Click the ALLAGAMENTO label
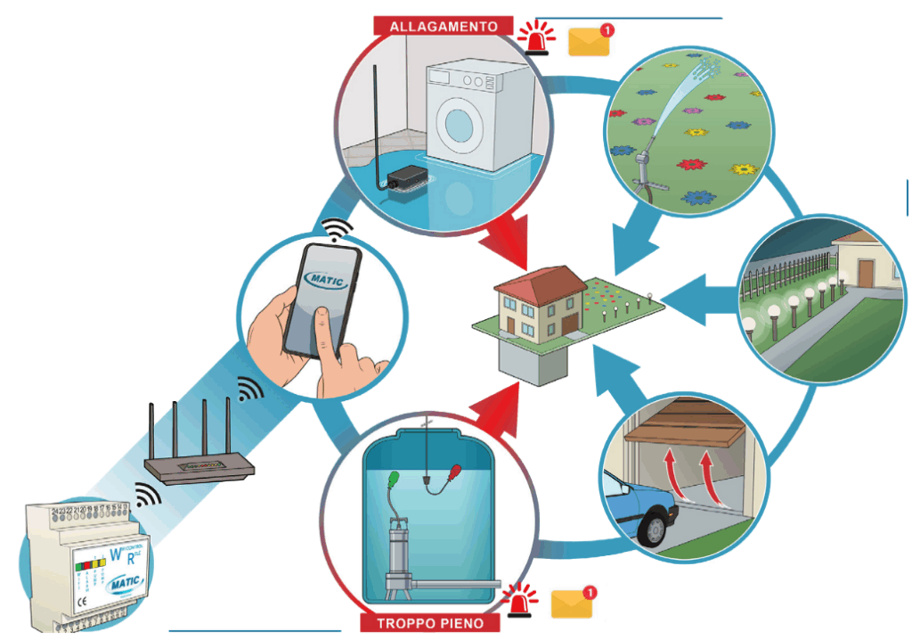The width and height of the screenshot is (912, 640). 443,26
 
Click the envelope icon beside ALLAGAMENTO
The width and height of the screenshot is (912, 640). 589,40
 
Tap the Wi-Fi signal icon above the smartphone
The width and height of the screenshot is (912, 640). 335,228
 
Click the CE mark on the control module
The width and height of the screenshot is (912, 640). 56,603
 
